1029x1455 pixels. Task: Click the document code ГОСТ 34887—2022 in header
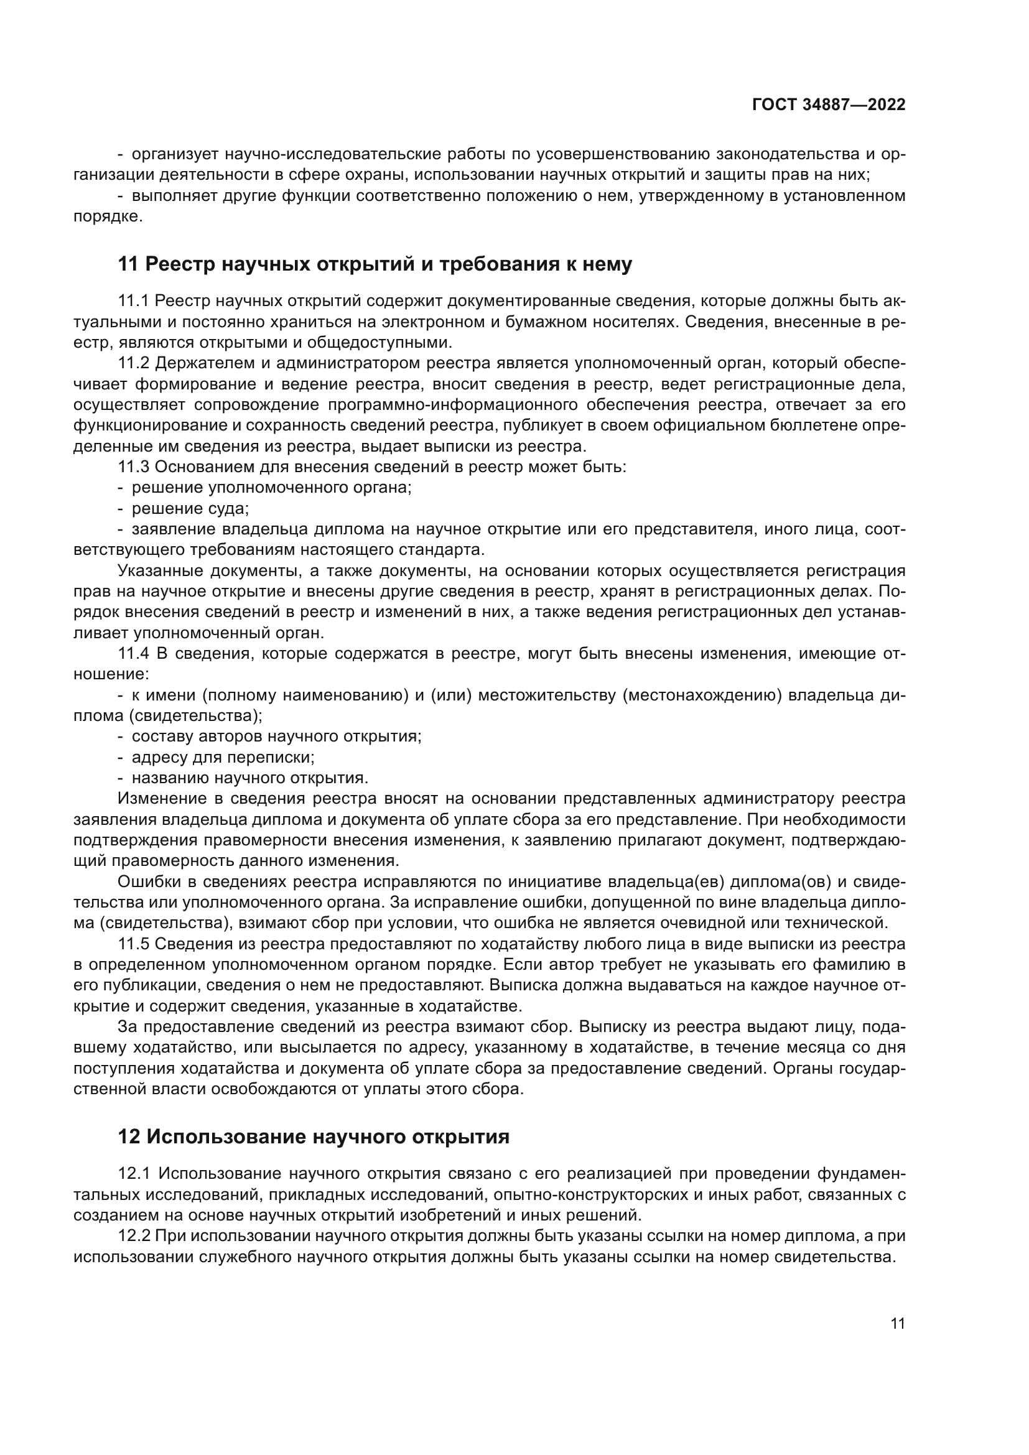click(829, 105)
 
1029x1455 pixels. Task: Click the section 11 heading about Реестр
click(375, 264)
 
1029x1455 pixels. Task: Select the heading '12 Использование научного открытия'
click(314, 1137)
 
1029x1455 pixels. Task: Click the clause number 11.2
click(133, 363)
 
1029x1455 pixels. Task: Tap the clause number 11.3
click(133, 467)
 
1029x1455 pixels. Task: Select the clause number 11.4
click(134, 653)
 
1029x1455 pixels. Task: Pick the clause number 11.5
click(133, 944)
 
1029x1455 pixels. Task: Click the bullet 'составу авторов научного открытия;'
click(276, 737)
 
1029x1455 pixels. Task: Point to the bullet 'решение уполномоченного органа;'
click(271, 488)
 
